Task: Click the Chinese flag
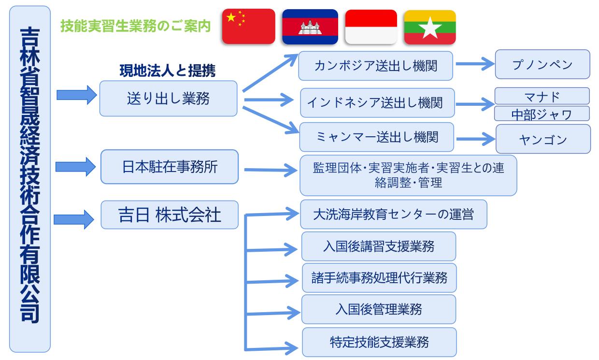tap(248, 26)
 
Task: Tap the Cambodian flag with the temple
tap(310, 27)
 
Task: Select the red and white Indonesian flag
tap(371, 27)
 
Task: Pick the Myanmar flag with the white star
tap(430, 27)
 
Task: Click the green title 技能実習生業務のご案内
tap(136, 26)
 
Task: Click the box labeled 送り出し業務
tap(168, 99)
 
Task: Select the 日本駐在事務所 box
tap(170, 167)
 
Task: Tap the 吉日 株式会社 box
tap(170, 215)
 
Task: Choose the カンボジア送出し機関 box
tap(375, 66)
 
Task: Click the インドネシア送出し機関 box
tap(377, 103)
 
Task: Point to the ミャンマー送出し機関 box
tap(376, 137)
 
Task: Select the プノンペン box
tap(542, 64)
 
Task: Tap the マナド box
tap(542, 96)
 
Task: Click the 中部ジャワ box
tap(542, 114)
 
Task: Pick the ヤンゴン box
tap(543, 139)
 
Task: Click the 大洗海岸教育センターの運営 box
tap(394, 214)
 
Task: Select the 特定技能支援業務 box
tap(379, 342)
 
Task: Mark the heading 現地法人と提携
tap(168, 71)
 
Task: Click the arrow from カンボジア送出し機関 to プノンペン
tap(475, 64)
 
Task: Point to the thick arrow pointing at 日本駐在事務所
tap(75, 167)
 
